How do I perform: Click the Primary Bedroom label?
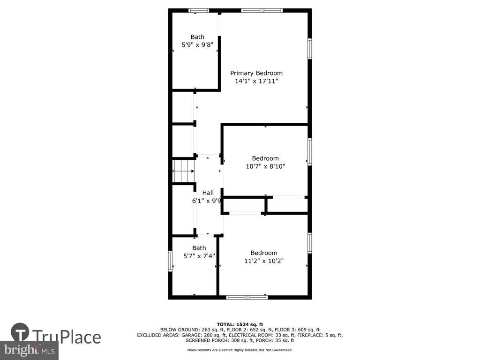click(x=256, y=73)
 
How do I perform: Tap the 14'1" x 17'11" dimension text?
click(x=256, y=81)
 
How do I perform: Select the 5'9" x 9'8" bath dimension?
click(x=197, y=45)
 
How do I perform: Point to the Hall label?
click(x=208, y=193)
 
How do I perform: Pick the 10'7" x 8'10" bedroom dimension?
click(x=265, y=166)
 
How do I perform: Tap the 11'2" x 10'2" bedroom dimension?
click(x=264, y=261)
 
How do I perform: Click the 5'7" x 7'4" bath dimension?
click(x=199, y=256)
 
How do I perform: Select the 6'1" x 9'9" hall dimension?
click(x=207, y=201)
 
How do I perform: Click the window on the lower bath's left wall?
click(x=171, y=261)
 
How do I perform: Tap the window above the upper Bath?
click(x=198, y=10)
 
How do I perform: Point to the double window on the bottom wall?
click(x=247, y=297)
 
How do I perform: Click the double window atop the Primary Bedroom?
click(x=262, y=10)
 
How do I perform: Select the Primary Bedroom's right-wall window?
click(x=310, y=48)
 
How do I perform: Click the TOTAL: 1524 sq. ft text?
click(x=240, y=324)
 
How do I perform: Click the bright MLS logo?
click(x=30, y=350)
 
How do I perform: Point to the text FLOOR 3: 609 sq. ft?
click(x=297, y=330)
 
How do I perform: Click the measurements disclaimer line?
click(x=240, y=350)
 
